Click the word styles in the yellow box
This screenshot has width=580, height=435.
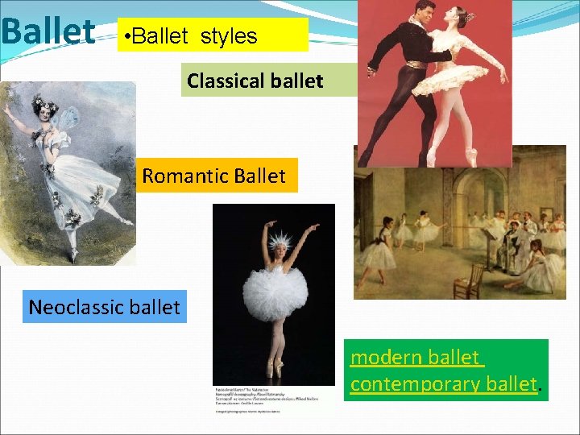click(228, 36)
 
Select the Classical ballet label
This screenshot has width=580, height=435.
click(255, 81)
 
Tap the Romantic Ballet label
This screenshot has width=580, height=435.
click(213, 176)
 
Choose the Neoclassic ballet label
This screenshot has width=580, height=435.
click(104, 307)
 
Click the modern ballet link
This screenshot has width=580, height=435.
click(415, 357)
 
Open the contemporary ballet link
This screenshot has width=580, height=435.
click(444, 383)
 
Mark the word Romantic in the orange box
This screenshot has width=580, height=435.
click(179, 176)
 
